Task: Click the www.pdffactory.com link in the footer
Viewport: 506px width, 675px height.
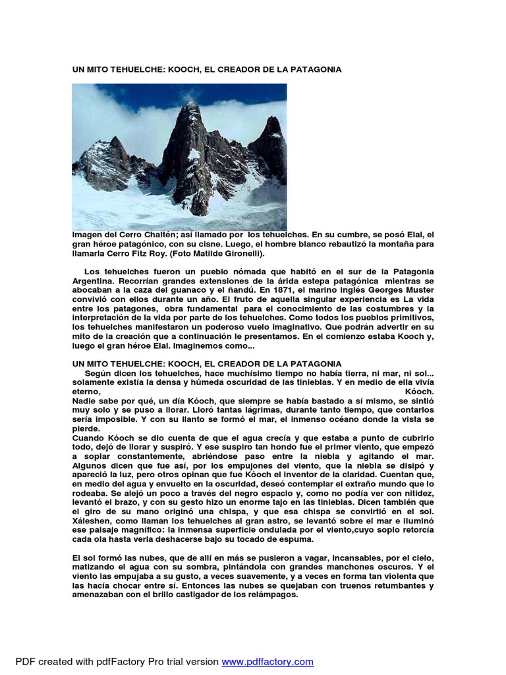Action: pyautogui.click(x=267, y=661)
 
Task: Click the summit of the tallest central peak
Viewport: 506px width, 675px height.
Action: pyautogui.click(x=191, y=103)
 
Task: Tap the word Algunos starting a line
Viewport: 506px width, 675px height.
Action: pyautogui.click(x=90, y=465)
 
